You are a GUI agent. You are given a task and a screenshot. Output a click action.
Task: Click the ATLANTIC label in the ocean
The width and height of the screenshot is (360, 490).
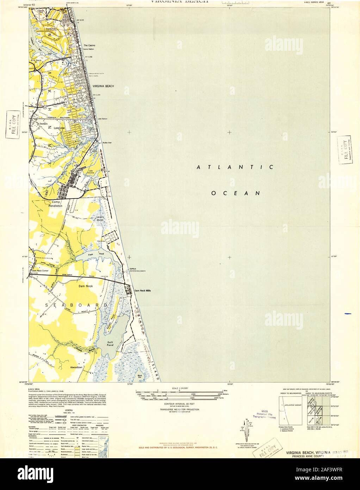coord(235,167)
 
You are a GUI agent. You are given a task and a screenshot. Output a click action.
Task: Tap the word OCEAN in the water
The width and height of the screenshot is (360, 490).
coord(235,193)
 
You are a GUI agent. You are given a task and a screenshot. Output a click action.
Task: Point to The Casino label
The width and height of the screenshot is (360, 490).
coord(89,46)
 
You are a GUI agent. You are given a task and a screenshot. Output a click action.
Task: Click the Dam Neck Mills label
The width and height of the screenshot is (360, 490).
coord(143,291)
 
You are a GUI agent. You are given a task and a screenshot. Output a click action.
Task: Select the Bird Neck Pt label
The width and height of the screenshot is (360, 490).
coord(37,62)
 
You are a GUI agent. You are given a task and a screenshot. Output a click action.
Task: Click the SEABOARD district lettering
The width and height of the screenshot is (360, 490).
coord(76,305)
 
